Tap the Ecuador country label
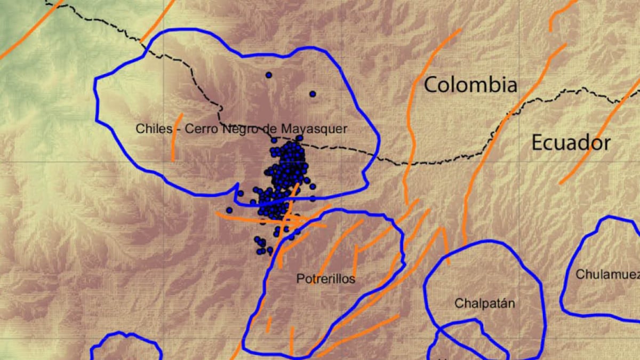point(571,143)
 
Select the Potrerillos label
point(325,279)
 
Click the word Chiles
point(154,129)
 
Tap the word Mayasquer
point(322,129)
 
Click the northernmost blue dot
point(269,75)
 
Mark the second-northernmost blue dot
point(313,94)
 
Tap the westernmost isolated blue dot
point(229,210)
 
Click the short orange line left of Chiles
point(177,137)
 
